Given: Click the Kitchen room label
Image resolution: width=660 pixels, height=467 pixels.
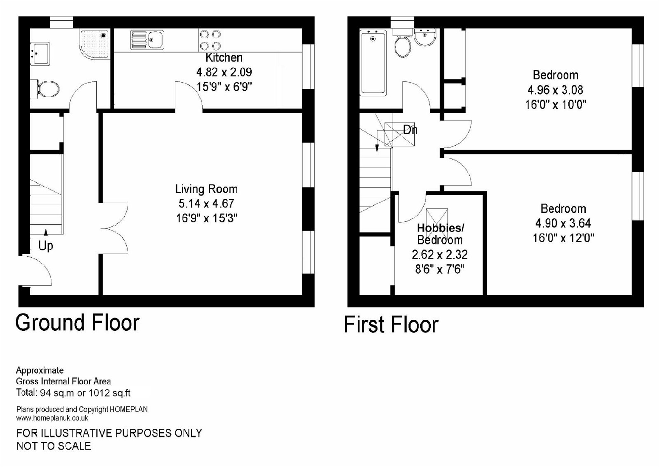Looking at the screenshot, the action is tap(224, 58).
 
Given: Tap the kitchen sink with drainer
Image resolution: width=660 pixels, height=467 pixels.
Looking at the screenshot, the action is tap(147, 40).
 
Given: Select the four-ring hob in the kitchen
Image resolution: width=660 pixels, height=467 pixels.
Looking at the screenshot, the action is tap(210, 40).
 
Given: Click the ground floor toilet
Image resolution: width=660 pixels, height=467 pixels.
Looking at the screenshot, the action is tap(48, 89).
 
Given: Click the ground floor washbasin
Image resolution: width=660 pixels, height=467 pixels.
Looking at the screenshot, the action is tap(40, 54).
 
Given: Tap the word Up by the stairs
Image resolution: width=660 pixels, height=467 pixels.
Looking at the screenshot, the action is tap(46, 246).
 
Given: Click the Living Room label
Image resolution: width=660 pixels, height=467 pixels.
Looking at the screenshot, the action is tap(206, 189).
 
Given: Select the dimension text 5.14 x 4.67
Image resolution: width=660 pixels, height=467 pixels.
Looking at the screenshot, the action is tap(206, 203).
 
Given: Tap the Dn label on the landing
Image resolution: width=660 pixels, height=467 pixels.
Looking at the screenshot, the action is tap(410, 130).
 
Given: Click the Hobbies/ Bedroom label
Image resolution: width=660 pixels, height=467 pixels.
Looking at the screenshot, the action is tap(440, 234).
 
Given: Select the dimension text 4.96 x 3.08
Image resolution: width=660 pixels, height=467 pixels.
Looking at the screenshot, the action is tap(555, 90).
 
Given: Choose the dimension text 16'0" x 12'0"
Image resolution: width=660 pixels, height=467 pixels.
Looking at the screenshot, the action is tap(563, 238).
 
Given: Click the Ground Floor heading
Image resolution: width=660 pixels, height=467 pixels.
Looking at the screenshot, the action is tap(78, 323).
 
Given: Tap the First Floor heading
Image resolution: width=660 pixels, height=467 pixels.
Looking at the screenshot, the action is tap(391, 324).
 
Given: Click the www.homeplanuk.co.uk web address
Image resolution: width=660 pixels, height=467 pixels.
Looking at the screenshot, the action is tap(52, 418).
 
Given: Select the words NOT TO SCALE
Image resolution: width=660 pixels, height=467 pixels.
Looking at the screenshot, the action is tap(54, 446).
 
